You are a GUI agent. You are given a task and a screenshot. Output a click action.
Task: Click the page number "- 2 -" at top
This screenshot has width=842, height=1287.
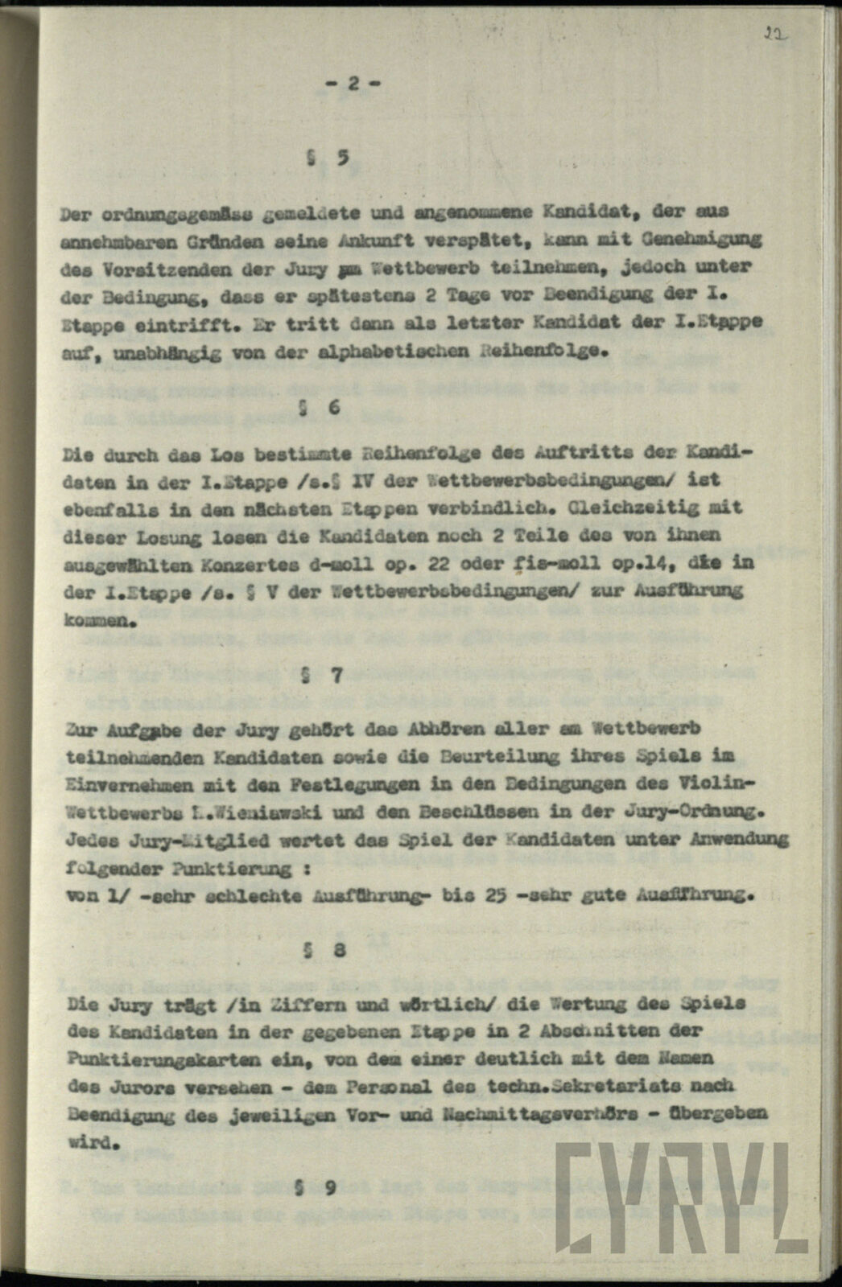(x=352, y=83)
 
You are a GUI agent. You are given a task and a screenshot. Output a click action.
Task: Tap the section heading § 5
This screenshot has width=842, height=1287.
(x=327, y=158)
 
